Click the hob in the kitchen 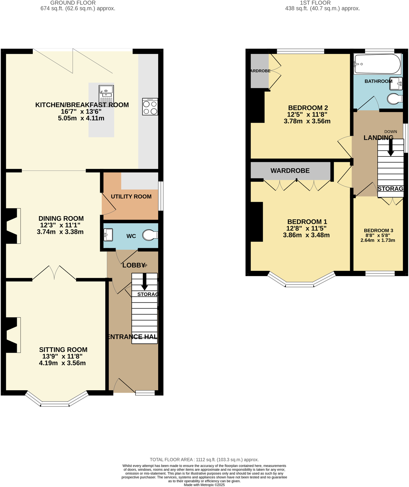click(x=150, y=107)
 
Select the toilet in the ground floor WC click(x=150, y=235)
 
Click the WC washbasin click(x=108, y=235)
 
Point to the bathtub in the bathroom click(x=377, y=64)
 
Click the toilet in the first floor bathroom click(x=395, y=99)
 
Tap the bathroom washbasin click(x=396, y=83)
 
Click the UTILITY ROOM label click(x=131, y=197)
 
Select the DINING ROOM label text click(x=61, y=219)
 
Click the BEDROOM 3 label click(x=378, y=230)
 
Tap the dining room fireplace click(x=12, y=226)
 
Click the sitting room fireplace click(x=12, y=335)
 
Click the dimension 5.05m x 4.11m click(x=81, y=118)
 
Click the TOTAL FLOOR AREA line click(x=204, y=459)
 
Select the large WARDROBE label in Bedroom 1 click(x=290, y=171)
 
